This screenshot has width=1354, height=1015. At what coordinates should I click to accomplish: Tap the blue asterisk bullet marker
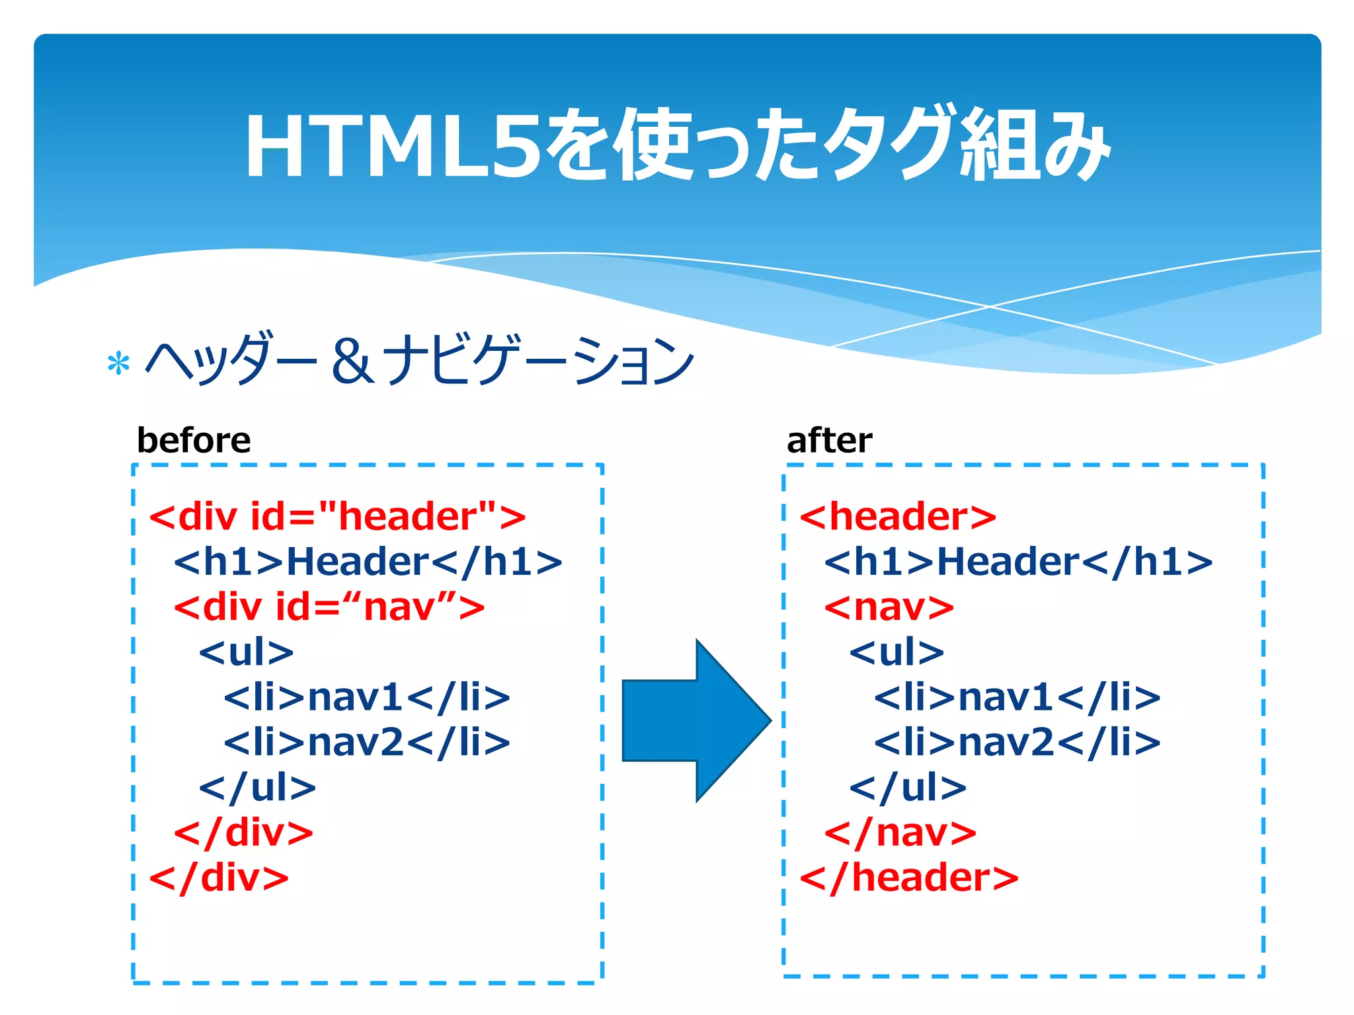click(x=118, y=363)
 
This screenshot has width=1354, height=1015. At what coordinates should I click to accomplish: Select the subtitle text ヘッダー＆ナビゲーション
click(x=419, y=360)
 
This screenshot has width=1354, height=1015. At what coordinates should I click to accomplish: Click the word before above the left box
click(x=193, y=440)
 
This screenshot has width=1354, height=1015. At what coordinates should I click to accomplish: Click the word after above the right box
click(x=829, y=440)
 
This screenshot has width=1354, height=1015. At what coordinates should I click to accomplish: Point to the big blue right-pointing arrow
click(x=696, y=720)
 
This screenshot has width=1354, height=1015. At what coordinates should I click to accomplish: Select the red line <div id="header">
click(x=337, y=516)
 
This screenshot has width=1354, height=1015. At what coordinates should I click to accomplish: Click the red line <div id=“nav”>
click(x=329, y=607)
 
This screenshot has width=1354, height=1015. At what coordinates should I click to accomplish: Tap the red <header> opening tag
click(x=897, y=516)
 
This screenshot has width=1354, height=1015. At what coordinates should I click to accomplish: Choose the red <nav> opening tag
click(x=889, y=607)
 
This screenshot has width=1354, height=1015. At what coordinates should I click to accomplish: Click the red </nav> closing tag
click(x=900, y=832)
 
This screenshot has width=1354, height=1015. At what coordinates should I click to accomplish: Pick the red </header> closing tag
click(x=908, y=878)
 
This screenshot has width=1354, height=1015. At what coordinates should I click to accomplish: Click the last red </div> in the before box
click(x=219, y=878)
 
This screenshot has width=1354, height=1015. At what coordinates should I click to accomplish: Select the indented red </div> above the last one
click(x=243, y=832)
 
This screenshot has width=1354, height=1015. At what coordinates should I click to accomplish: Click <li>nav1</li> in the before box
click(x=367, y=697)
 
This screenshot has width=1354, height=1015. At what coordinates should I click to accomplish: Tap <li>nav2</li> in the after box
click(x=1017, y=742)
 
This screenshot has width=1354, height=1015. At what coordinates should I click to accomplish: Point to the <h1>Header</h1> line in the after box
click(x=1018, y=562)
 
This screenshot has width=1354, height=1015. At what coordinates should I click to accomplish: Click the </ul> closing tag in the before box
click(x=257, y=787)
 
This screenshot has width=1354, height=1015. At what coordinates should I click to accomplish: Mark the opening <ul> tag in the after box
click(x=896, y=652)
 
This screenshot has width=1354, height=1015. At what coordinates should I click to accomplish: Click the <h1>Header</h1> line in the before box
click(x=368, y=562)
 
